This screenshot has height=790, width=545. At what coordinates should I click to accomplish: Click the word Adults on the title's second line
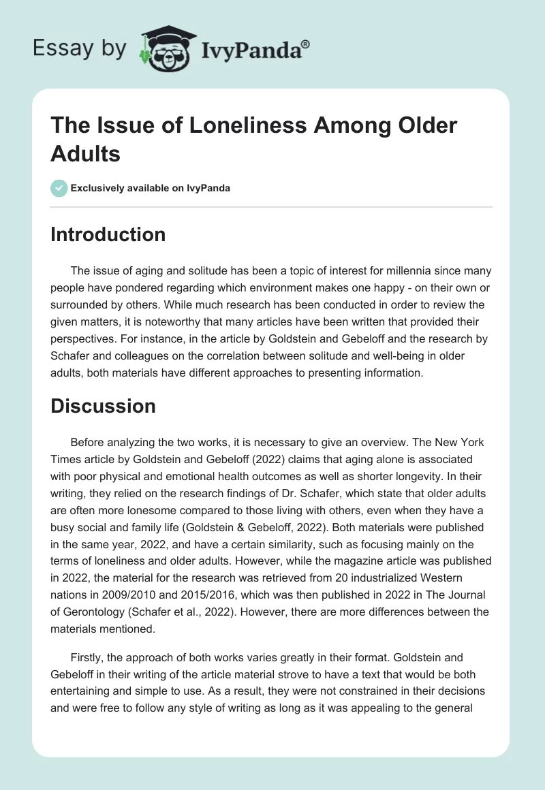[x=86, y=154]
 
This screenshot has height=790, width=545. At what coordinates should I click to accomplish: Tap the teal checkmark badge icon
[x=59, y=188]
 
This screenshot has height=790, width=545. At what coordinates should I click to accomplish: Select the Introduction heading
[x=108, y=234]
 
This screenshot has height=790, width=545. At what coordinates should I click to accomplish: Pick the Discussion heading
[x=104, y=406]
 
